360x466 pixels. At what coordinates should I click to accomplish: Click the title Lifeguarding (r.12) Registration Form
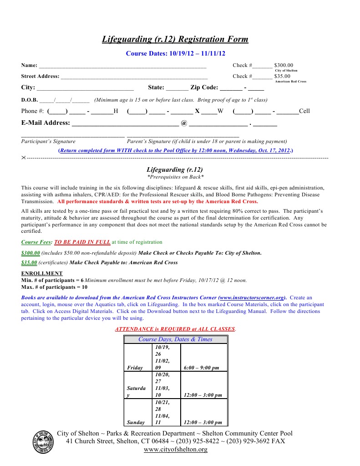click(x=175, y=39)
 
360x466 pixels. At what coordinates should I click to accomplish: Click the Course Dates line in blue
click(x=175, y=53)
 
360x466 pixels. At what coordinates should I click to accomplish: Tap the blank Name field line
click(x=123, y=67)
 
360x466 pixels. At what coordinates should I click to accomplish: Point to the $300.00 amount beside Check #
click(x=284, y=66)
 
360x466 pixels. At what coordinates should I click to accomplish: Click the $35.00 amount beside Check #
click(x=282, y=77)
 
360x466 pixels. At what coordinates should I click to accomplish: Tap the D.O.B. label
click(x=29, y=100)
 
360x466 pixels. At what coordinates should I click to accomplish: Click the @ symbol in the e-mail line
click(x=184, y=123)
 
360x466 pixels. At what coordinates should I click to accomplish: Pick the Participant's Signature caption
click(x=48, y=142)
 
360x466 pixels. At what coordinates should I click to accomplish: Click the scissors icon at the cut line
click(x=24, y=157)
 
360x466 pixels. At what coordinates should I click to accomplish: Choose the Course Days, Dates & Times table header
click(x=175, y=339)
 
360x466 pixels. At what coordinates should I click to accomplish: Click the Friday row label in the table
click(x=135, y=368)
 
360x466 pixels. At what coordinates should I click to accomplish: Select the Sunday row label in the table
click(x=136, y=422)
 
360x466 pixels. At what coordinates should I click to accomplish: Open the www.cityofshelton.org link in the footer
click(x=175, y=450)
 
